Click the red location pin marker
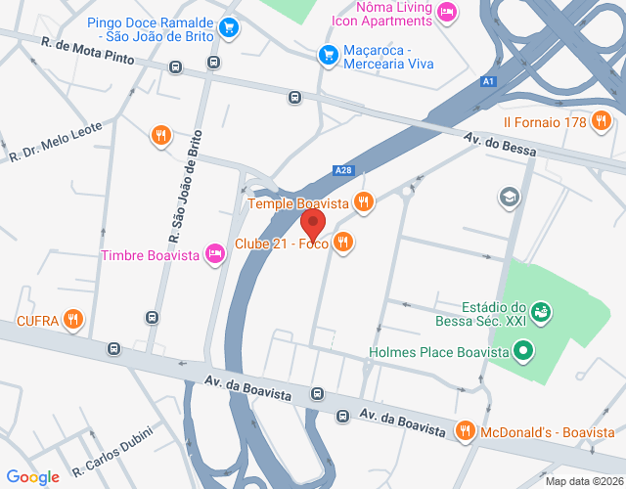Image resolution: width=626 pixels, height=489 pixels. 313,223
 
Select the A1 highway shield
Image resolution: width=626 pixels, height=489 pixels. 488,83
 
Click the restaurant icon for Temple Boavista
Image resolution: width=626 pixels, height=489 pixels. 364,202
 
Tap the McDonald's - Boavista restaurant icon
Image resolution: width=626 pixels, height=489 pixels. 466,429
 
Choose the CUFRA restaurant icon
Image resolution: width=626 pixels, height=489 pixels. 73,318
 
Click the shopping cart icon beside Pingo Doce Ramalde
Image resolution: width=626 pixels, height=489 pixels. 229,26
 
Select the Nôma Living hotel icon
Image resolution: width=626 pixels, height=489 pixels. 447,13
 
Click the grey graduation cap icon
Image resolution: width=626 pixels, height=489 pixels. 509,198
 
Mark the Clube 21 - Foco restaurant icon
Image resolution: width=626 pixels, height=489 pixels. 342,243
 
